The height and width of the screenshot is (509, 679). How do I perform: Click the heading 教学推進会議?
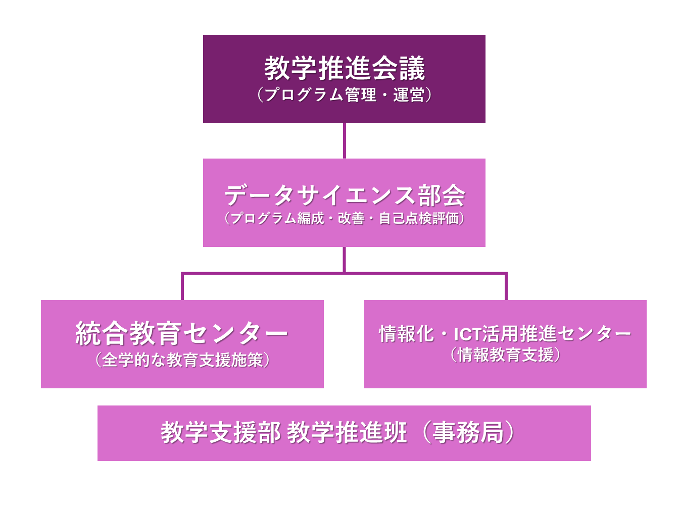[345, 68]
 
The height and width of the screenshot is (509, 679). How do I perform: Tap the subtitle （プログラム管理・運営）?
[345, 94]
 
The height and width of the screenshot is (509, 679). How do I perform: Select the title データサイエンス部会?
[345, 195]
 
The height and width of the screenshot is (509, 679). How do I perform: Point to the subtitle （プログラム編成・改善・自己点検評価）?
[345, 218]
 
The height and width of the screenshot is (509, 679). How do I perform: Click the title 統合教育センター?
[182, 333]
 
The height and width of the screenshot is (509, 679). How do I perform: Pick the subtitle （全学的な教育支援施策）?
[182, 360]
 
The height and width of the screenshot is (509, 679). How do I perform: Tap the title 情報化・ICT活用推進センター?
[505, 333]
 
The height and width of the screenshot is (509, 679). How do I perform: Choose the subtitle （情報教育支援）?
[505, 354]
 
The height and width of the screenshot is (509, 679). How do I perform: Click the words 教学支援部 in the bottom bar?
[221, 433]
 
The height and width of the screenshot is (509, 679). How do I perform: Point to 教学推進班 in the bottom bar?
[347, 433]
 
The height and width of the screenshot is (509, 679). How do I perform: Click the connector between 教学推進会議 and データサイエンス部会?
[345, 141]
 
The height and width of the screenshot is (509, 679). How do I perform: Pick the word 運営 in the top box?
[409, 94]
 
